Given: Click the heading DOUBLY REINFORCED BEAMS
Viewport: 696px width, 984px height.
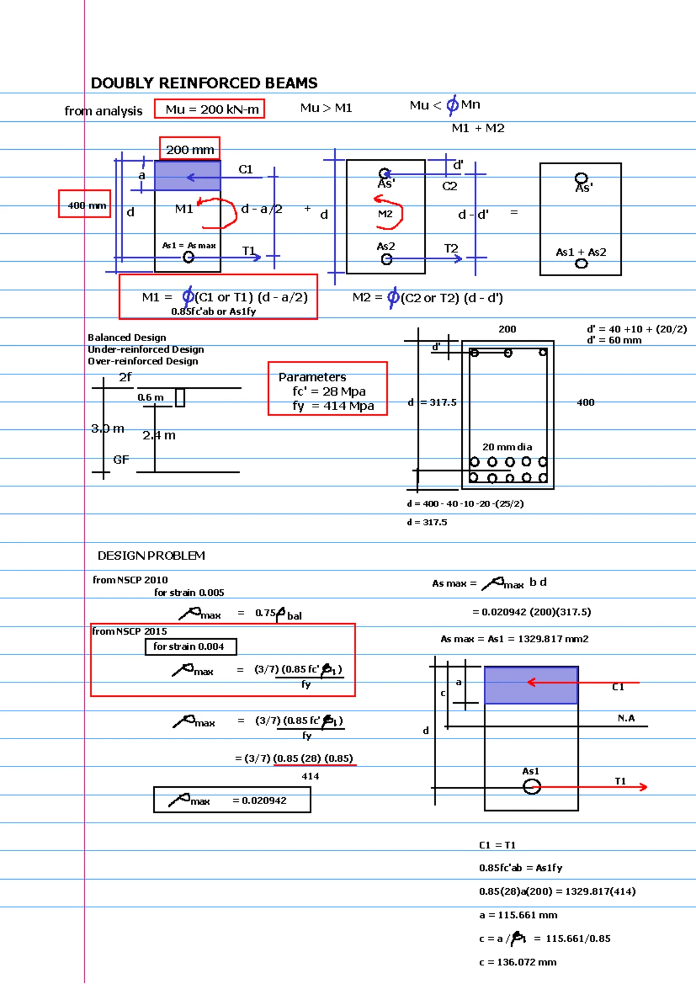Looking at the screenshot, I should tap(204, 83).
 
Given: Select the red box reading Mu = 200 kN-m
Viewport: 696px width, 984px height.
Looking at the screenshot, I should tap(209, 109).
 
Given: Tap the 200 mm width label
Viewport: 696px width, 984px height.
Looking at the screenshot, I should tap(190, 150).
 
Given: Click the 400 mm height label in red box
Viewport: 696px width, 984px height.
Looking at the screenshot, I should tap(85, 204).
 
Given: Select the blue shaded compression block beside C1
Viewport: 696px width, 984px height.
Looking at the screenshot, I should tap(187, 176).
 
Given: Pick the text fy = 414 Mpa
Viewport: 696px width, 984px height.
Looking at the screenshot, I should tap(333, 406).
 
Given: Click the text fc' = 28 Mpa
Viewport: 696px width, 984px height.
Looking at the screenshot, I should tap(329, 391).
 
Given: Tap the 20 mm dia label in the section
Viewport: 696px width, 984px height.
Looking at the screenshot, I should tap(507, 447).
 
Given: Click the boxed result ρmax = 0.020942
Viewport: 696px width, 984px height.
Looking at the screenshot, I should tap(232, 800).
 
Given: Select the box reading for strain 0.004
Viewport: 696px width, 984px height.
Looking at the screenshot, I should tap(190, 646).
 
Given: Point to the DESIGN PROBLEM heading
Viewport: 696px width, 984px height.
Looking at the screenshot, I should tap(151, 556).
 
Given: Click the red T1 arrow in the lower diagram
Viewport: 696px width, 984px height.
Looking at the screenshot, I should tap(592, 787).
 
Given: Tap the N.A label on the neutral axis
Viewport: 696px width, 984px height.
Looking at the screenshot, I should tap(626, 718).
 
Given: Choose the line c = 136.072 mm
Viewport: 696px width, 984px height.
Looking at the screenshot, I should tap(517, 962).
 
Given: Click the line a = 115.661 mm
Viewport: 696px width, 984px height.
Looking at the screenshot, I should tap(518, 915).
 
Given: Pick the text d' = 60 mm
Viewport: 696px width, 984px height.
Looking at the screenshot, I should tap(614, 341).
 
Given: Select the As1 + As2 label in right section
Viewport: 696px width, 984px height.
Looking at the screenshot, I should tap(581, 252).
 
